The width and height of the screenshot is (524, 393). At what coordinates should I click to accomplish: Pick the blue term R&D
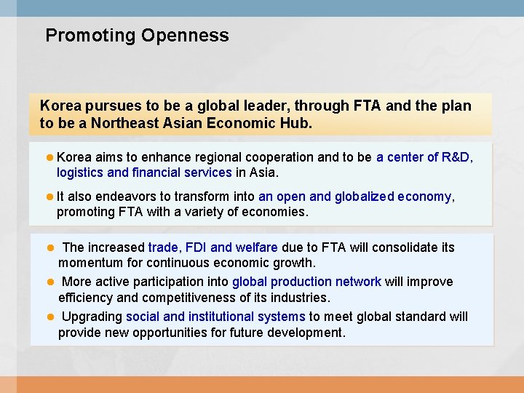pos(456,157)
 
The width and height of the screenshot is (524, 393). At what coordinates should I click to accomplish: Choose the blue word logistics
pos(80,173)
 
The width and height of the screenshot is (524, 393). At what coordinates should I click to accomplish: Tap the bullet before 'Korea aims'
pos(49,157)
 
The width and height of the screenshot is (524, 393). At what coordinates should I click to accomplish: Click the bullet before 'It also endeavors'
pos(49,196)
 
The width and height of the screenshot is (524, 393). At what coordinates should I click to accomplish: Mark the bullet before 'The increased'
pos(51,247)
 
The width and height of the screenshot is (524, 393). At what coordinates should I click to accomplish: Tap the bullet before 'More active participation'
pos(51,282)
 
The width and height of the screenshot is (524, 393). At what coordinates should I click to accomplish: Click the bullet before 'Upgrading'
pos(51,317)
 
